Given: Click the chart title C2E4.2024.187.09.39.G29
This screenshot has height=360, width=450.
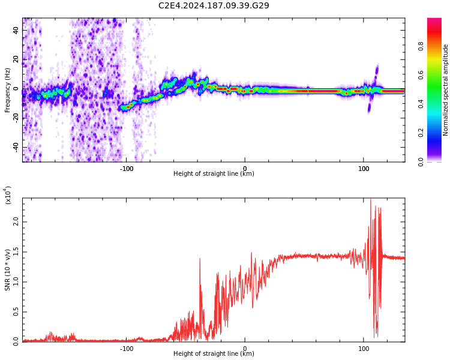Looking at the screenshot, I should tap(214, 5).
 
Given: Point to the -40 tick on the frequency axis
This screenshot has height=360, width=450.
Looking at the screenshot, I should tap(15, 147).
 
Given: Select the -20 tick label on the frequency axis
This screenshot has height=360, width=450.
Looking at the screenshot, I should tap(15, 118).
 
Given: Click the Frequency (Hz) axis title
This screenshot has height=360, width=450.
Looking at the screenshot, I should tap(7, 90).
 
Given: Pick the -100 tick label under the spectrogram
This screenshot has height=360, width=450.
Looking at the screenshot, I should tap(126, 169).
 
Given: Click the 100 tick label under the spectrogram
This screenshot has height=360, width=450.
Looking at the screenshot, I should tap(364, 169).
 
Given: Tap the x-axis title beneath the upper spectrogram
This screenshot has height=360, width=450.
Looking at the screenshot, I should tap(214, 174).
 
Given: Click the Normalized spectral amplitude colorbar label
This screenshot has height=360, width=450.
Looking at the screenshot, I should tap(446, 90).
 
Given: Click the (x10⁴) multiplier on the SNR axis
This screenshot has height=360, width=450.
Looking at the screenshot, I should tap(8, 196).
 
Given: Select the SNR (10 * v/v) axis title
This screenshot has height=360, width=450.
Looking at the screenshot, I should tap(8, 270).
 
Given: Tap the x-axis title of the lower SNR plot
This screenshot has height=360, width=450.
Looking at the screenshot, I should tap(214, 353).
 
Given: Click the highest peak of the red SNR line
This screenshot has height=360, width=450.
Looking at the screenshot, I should tap(371, 199).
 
